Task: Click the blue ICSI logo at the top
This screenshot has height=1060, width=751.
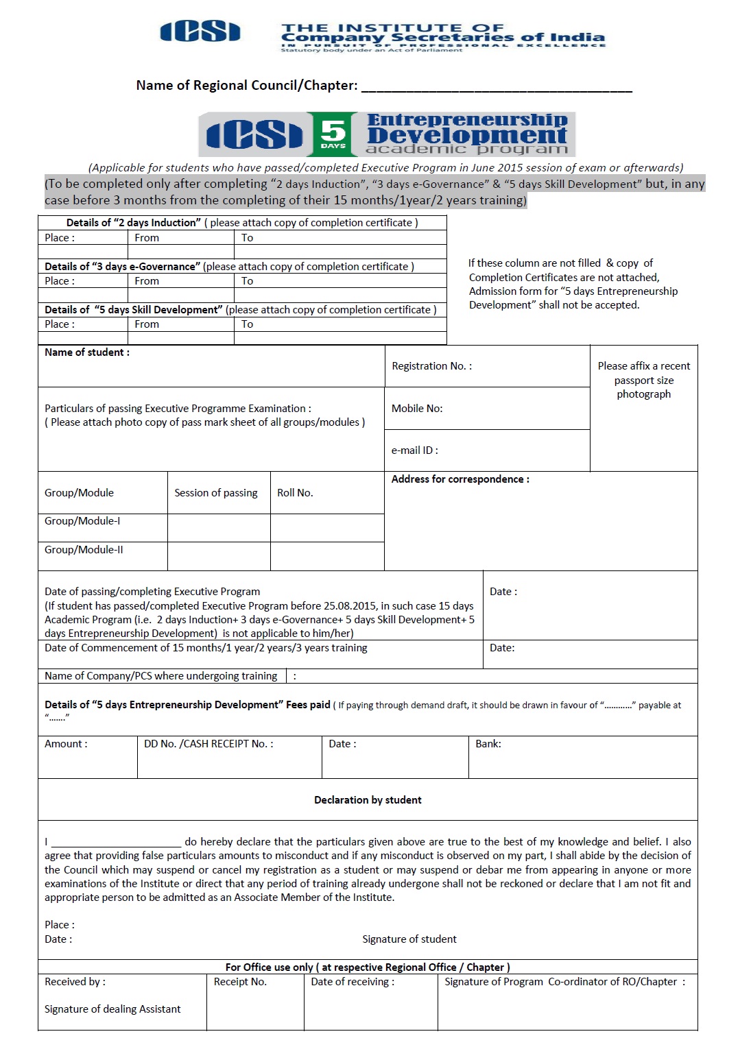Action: (200, 32)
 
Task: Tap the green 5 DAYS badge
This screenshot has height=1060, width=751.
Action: (333, 134)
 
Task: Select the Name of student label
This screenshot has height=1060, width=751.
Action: (87, 352)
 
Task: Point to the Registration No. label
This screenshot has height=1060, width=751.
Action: (431, 366)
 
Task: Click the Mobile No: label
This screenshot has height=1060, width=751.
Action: (417, 409)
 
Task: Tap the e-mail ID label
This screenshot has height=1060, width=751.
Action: (414, 450)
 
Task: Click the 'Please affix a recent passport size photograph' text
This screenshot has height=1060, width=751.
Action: (643, 380)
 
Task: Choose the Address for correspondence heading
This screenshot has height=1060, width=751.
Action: (460, 479)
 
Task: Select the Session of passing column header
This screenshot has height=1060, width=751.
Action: (216, 493)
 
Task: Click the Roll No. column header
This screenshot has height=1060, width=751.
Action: (295, 493)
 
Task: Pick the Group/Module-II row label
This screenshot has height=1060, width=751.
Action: (84, 550)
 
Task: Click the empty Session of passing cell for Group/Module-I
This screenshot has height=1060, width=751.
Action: (219, 527)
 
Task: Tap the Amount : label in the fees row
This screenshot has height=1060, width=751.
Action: (66, 744)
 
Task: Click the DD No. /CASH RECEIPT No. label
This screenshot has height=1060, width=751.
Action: (208, 744)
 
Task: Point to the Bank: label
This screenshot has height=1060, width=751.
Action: (488, 744)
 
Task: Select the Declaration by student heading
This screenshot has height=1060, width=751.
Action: (368, 800)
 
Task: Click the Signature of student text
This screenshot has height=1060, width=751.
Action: (409, 939)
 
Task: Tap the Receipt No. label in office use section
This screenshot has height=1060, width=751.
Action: (240, 982)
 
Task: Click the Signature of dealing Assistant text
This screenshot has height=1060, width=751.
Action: (112, 1009)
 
